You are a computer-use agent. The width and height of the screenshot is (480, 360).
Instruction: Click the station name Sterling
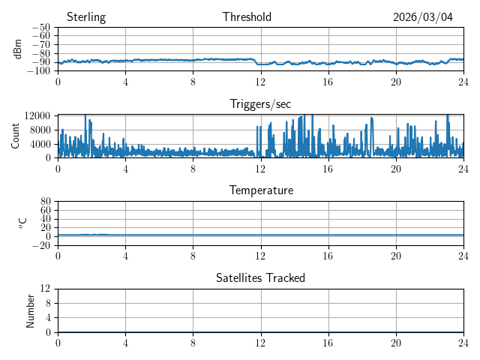pyautogui.click(x=86, y=17)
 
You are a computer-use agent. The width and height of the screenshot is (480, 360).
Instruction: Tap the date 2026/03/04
pyautogui.click(x=423, y=17)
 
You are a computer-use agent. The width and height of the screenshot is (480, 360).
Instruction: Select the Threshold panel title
pyautogui.click(x=247, y=17)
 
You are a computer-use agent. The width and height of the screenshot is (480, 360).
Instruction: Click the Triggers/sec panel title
pyautogui.click(x=260, y=104)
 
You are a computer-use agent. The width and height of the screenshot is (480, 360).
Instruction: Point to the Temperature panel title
pyautogui.click(x=260, y=190)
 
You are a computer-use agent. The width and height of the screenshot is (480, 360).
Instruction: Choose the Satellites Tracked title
pyautogui.click(x=260, y=277)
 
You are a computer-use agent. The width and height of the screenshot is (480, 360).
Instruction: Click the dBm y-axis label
pyautogui.click(x=18, y=49)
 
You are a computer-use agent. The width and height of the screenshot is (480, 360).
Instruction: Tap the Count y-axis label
pyautogui.click(x=15, y=136)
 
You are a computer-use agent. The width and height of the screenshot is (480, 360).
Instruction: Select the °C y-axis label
pyautogui.click(x=22, y=223)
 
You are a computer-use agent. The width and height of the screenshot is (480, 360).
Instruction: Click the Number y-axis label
pyautogui.click(x=30, y=310)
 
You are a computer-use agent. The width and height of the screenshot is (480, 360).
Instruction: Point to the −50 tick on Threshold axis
pyautogui.click(x=40, y=28)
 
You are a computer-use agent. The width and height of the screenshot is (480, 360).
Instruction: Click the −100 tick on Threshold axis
pyautogui.click(x=38, y=71)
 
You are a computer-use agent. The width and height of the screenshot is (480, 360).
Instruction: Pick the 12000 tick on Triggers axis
pyautogui.click(x=37, y=115)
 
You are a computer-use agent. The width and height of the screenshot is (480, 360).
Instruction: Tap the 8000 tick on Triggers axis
pyautogui.click(x=40, y=129)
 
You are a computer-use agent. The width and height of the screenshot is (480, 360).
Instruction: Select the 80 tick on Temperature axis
pyautogui.click(x=45, y=202)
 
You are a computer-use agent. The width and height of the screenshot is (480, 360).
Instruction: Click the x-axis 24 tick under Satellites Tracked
pyautogui.click(x=463, y=342)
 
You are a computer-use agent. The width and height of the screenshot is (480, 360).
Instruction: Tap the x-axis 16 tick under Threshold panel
pyautogui.click(x=328, y=82)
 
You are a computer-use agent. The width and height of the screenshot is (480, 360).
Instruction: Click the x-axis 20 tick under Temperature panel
pyautogui.click(x=395, y=256)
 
